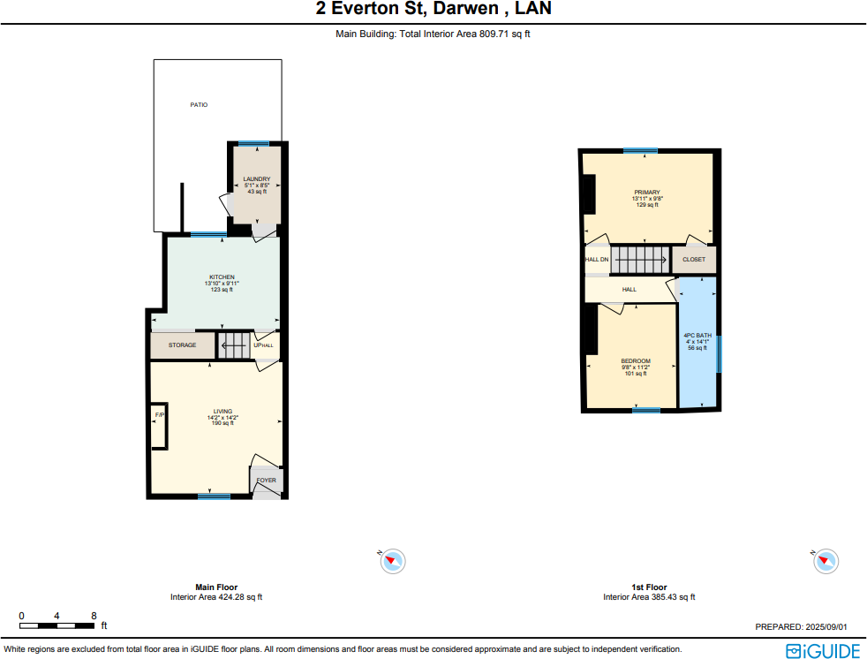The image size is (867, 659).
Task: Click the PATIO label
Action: coord(200,104)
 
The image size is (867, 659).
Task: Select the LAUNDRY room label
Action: coord(256,179)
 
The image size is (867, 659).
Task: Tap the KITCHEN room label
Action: coord(222,276)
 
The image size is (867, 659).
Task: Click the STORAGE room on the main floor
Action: coord(182,345)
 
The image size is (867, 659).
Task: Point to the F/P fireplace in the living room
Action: coord(160,415)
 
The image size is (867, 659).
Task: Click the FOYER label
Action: coord(266,481)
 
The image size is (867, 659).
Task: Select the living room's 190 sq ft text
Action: coord(221,423)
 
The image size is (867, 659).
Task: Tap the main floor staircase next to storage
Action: coord(234,345)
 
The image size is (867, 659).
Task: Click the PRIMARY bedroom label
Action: coord(646,192)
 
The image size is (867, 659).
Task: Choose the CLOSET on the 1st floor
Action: coord(694,260)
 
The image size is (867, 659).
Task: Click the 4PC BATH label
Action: coord(697,336)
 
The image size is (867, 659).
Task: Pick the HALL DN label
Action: coord(597,260)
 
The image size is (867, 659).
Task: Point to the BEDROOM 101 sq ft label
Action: coord(636,373)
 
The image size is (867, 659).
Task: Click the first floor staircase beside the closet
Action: coord(641,260)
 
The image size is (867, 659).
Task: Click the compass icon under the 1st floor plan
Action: coord(826,560)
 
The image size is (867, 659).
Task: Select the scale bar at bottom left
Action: coord(57,625)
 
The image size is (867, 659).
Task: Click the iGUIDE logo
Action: coord(822,650)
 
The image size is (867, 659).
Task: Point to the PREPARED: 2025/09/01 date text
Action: coord(801,626)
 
